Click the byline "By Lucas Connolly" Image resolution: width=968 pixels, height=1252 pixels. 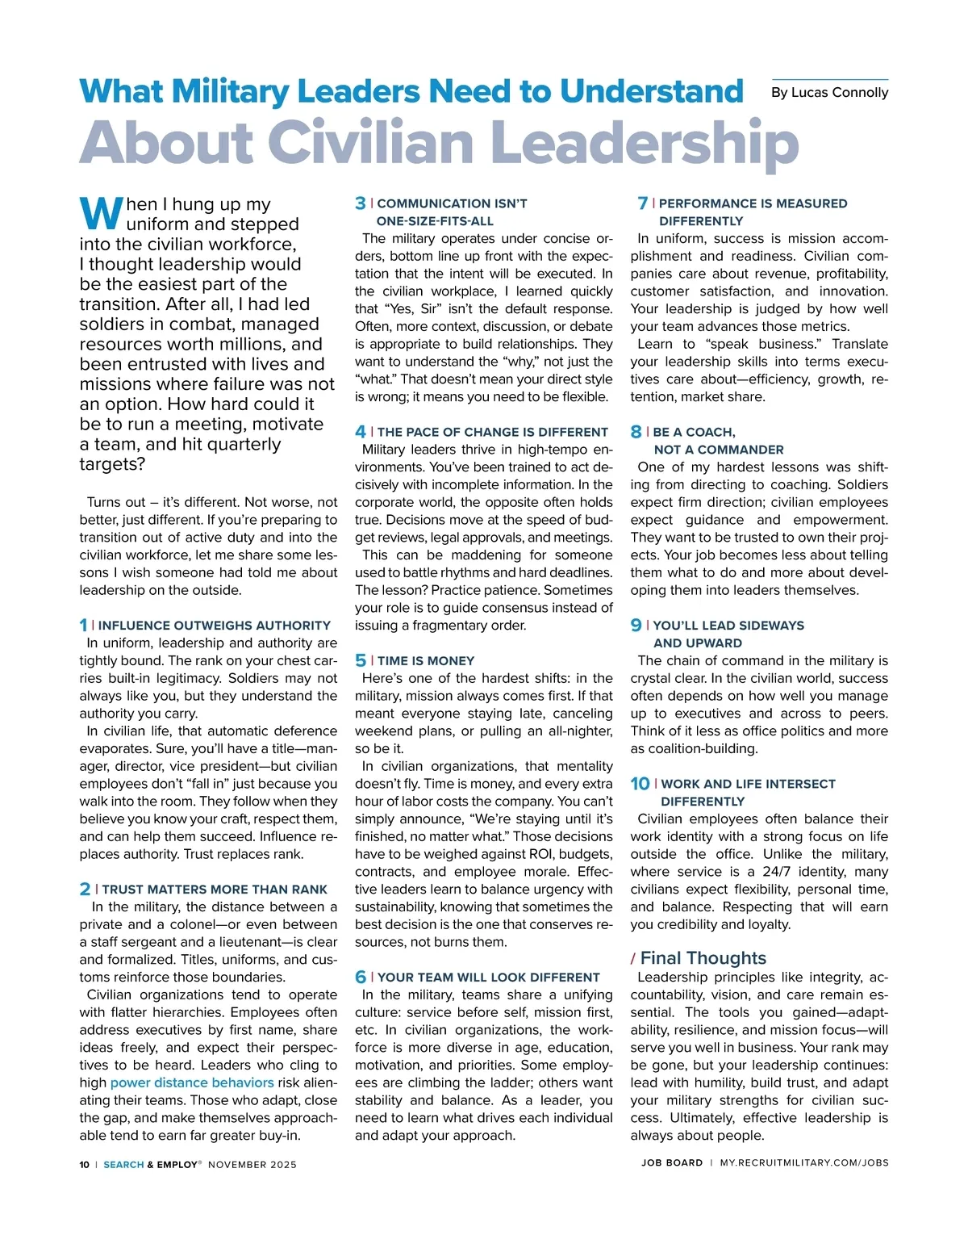[829, 93]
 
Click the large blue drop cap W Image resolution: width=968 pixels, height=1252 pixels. [101, 214]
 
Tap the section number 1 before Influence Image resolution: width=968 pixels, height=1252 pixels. [83, 625]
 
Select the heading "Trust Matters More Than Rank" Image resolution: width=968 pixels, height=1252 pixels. [215, 890]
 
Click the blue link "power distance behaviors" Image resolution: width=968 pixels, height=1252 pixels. [192, 1082]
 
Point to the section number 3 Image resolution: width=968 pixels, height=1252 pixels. [360, 203]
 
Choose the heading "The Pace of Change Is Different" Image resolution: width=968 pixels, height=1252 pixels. [492, 432]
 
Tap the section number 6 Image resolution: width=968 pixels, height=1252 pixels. [361, 978]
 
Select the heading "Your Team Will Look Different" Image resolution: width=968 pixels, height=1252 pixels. [489, 978]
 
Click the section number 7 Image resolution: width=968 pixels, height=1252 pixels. [642, 203]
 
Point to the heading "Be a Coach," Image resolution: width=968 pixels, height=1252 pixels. [694, 432]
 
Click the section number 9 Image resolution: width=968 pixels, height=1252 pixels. [636, 625]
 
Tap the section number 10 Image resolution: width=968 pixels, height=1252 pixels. [640, 784]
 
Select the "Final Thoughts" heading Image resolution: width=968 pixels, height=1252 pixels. [703, 958]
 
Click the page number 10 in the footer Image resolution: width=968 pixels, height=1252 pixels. [85, 1164]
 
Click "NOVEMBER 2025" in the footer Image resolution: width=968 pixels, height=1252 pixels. [252, 1164]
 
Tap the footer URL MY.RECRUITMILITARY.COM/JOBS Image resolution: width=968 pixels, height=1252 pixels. [803, 1163]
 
